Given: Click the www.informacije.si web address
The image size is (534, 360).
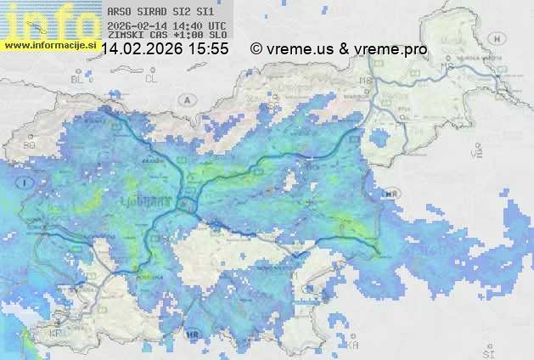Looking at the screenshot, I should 48,44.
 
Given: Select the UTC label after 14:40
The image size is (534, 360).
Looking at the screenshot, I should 216,26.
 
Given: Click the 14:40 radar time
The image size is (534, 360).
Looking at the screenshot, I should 188,26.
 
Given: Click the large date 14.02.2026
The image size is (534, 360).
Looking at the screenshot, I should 142,49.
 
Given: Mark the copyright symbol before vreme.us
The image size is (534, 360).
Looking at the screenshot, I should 256,49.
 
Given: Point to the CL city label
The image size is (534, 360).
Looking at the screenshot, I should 151,79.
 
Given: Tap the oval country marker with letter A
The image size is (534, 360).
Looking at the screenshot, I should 186,99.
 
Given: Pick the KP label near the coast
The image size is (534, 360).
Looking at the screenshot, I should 56,334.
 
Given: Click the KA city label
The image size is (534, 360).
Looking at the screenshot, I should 352,345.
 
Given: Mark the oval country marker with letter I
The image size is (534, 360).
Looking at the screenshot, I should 27,182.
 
